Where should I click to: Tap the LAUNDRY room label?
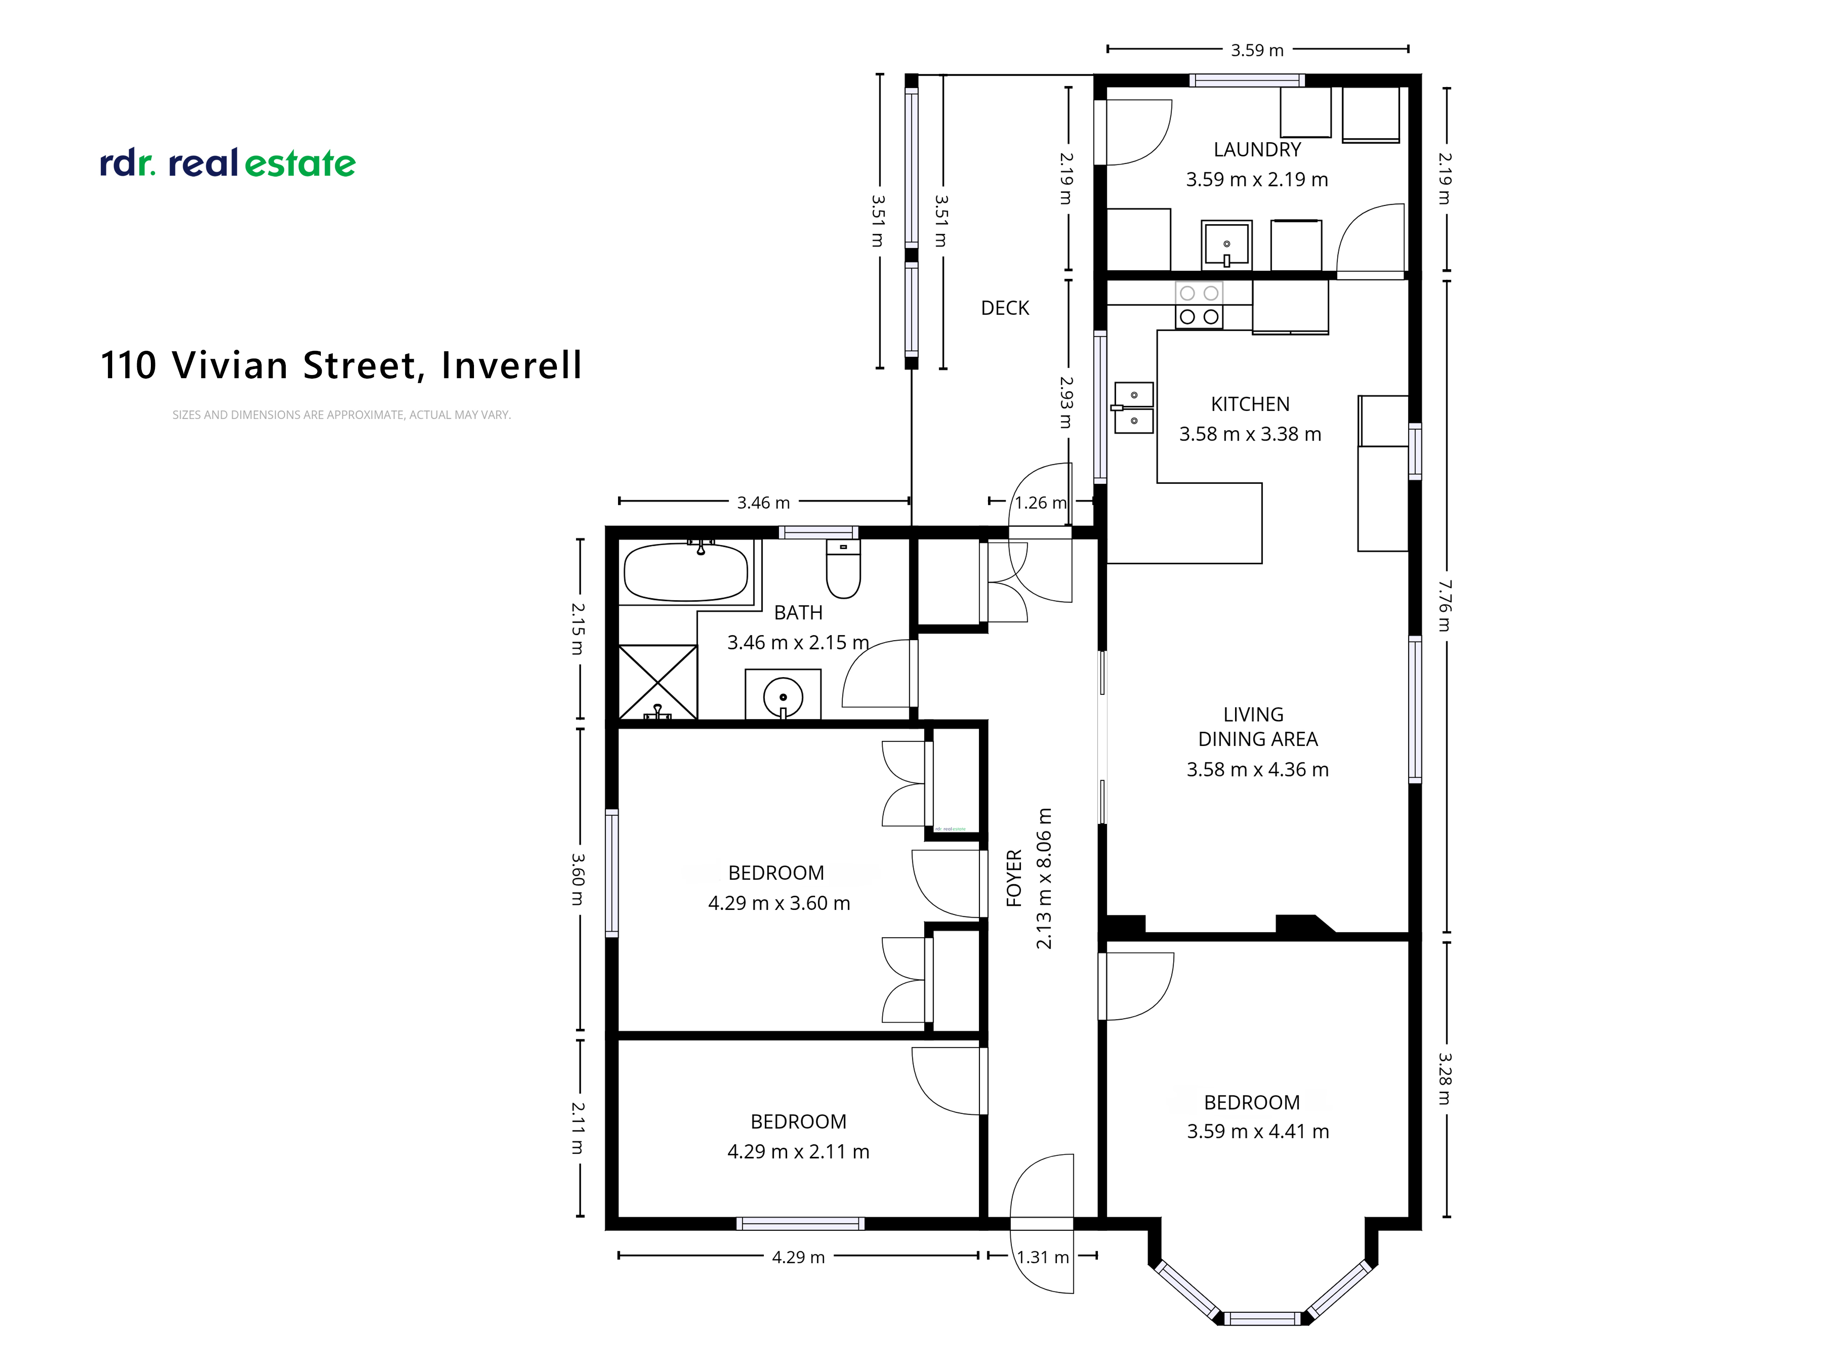(x=1257, y=150)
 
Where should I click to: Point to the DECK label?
(x=1004, y=308)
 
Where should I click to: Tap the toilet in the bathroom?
(x=843, y=569)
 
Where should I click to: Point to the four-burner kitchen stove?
(x=1199, y=305)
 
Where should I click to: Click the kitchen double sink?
(x=1134, y=407)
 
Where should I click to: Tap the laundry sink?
(x=1226, y=244)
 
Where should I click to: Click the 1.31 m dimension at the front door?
(x=1043, y=1257)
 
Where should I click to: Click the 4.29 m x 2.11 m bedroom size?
(x=798, y=1152)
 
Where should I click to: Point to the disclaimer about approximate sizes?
(x=341, y=415)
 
